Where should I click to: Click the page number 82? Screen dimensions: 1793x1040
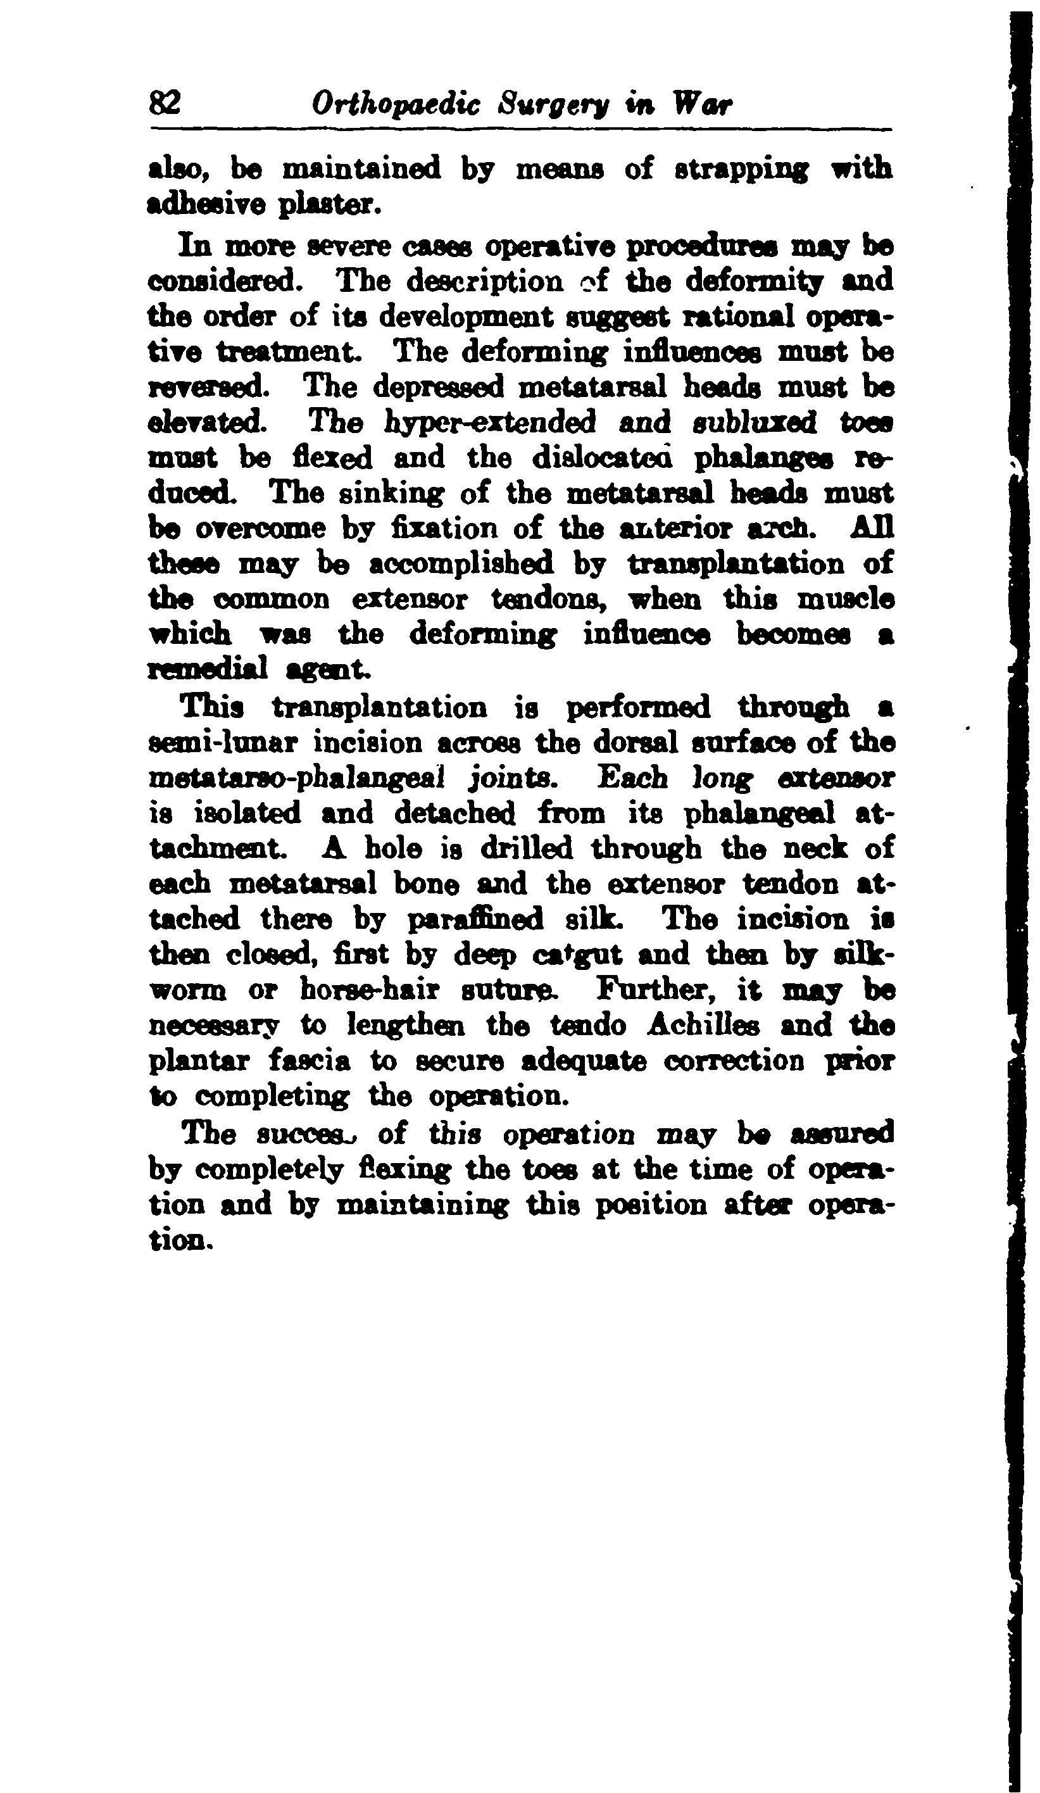pos(165,104)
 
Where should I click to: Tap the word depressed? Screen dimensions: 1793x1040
pos(439,387)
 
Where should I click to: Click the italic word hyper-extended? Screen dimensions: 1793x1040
pos(489,423)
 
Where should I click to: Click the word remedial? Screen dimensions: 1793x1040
pos(208,669)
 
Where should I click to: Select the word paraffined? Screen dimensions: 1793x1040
pos(475,919)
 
